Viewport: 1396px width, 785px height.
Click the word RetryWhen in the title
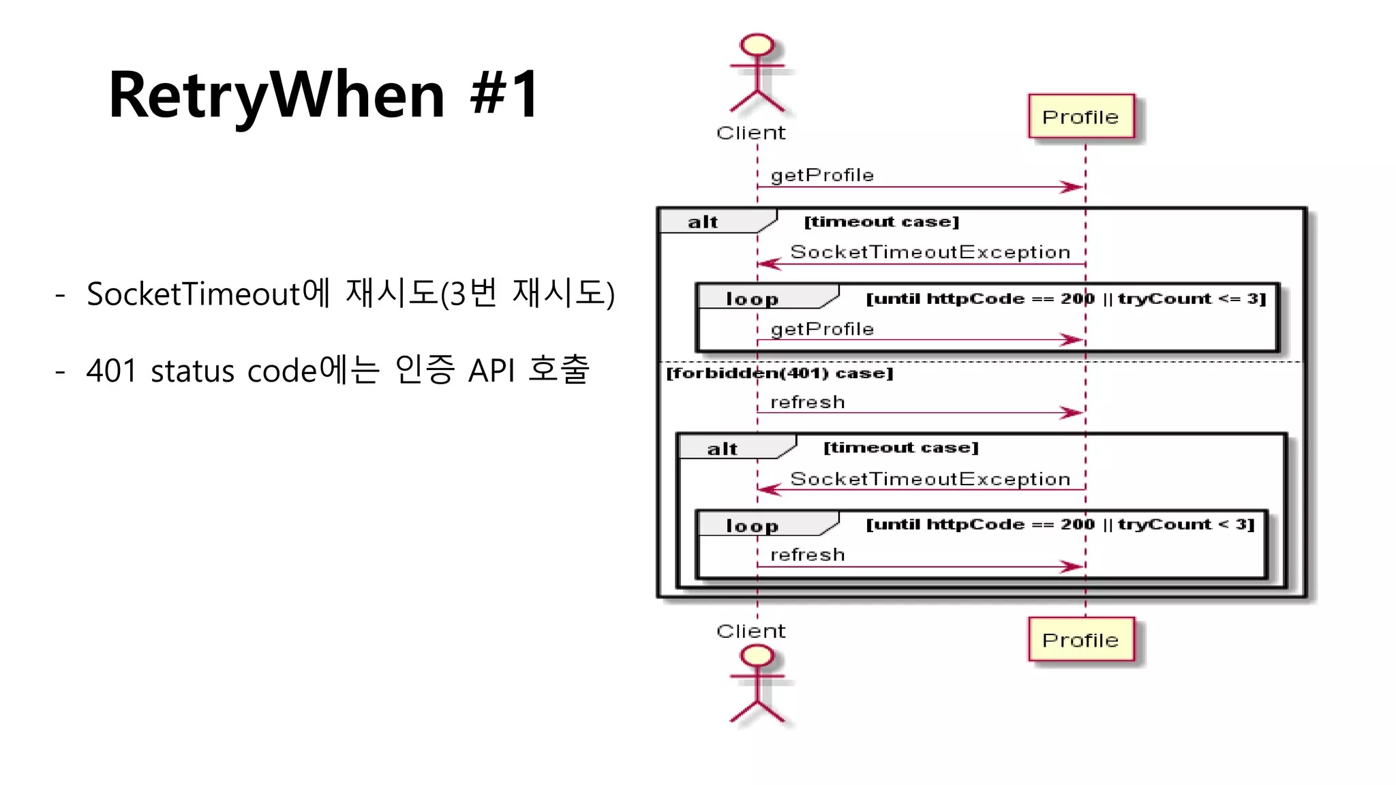[277, 95]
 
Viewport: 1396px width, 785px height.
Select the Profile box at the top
[1081, 117]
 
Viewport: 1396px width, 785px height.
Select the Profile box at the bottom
[1081, 640]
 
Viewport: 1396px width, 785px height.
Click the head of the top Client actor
[757, 45]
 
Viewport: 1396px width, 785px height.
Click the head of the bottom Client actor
[757, 656]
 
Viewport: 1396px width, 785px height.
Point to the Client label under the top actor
[751, 133]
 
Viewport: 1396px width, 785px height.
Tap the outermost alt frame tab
[705, 222]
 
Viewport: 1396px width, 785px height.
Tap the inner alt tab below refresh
[724, 448]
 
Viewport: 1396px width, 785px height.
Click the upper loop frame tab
[753, 298]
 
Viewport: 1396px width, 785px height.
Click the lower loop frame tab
[753, 525]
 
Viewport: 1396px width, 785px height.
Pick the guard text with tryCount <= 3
[1065, 298]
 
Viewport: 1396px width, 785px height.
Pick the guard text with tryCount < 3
[1060, 524]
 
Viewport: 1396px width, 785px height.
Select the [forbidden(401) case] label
[779, 373]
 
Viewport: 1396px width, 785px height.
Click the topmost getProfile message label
[822, 175]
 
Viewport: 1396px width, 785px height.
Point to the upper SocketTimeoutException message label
[930, 252]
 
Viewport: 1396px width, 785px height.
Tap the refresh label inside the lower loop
[807, 555]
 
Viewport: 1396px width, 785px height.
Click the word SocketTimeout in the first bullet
[193, 294]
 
